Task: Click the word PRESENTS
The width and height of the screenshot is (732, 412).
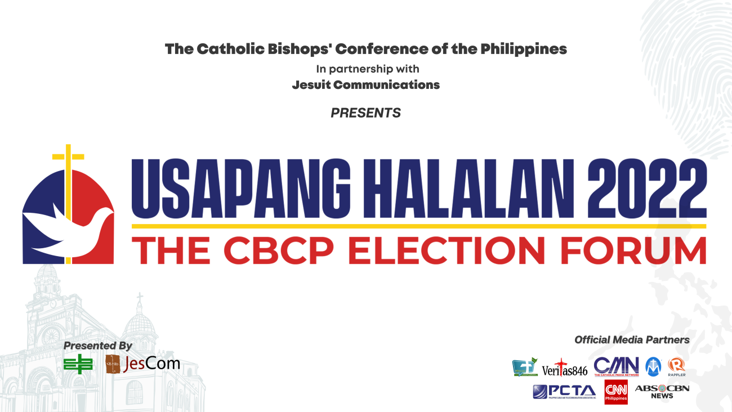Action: click(365, 113)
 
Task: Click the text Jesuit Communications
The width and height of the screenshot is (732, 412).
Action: click(365, 85)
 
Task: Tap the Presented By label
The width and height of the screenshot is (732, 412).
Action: click(97, 346)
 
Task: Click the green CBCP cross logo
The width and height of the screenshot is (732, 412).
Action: click(78, 365)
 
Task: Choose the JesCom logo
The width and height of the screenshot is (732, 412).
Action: click(142, 364)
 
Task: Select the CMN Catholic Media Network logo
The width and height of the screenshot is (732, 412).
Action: click(616, 366)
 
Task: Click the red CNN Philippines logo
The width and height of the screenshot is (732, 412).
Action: click(615, 392)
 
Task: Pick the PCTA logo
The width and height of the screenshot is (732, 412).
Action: click(564, 391)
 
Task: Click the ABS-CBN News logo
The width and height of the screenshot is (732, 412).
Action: click(662, 391)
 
